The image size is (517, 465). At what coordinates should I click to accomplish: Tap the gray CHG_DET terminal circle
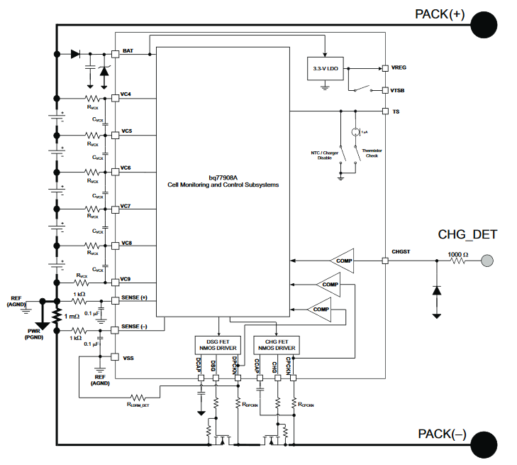pos(487,261)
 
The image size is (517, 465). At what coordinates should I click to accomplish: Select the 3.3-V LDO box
pos(324,70)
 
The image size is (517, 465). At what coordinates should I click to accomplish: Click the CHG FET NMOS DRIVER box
pos(277,346)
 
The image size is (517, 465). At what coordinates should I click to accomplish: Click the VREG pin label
pos(399,67)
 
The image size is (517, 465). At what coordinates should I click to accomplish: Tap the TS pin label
pos(396,112)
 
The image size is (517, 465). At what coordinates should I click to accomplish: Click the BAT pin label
pos(128,51)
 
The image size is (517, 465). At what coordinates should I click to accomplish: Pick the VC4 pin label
pos(126,94)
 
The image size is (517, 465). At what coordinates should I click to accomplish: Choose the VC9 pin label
pos(126,278)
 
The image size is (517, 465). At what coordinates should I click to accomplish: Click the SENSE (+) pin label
pos(135,297)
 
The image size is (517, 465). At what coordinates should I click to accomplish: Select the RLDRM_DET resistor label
pos(139,405)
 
